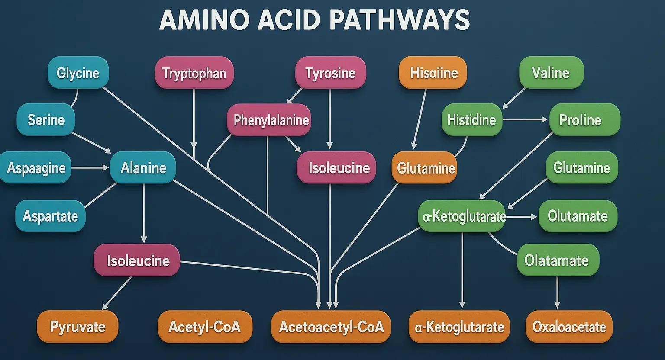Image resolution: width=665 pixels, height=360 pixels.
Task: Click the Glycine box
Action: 78,73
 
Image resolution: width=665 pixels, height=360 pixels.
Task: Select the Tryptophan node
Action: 194,73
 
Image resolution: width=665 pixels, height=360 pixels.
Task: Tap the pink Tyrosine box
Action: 330,73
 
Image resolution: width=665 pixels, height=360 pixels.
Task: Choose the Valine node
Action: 551,72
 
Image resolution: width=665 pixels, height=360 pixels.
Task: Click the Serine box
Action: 46,119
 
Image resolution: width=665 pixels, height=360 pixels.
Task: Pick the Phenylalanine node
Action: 270,120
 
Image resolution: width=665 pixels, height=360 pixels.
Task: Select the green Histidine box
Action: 471,119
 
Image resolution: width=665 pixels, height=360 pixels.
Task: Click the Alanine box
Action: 143,167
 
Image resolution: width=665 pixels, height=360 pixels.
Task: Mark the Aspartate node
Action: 50,215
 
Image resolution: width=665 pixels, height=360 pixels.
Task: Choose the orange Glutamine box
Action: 426,168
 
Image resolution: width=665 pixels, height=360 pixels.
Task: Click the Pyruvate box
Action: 77,327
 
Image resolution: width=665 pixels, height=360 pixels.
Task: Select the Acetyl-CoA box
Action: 204,327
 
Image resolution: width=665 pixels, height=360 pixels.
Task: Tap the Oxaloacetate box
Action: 569,327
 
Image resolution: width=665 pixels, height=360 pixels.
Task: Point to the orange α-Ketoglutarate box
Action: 459,327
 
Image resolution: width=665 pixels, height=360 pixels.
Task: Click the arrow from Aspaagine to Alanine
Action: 90,167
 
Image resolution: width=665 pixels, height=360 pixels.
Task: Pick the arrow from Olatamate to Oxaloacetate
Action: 557,292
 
